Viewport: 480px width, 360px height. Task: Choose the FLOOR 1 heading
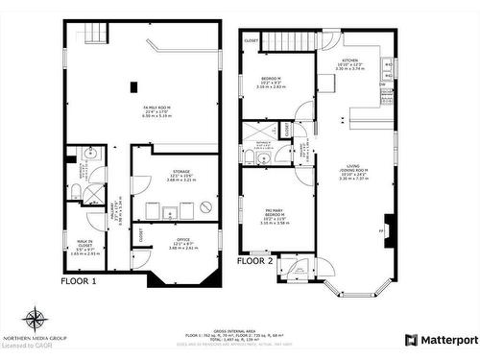(79, 281)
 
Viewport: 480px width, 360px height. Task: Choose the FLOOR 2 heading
(255, 260)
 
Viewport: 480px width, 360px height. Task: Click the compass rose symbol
(35, 318)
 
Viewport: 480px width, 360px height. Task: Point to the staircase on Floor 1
(92, 35)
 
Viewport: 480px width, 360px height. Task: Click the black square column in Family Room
(132, 87)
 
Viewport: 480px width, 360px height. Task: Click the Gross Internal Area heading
(240, 329)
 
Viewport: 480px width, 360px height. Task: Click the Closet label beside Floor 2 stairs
(252, 40)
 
